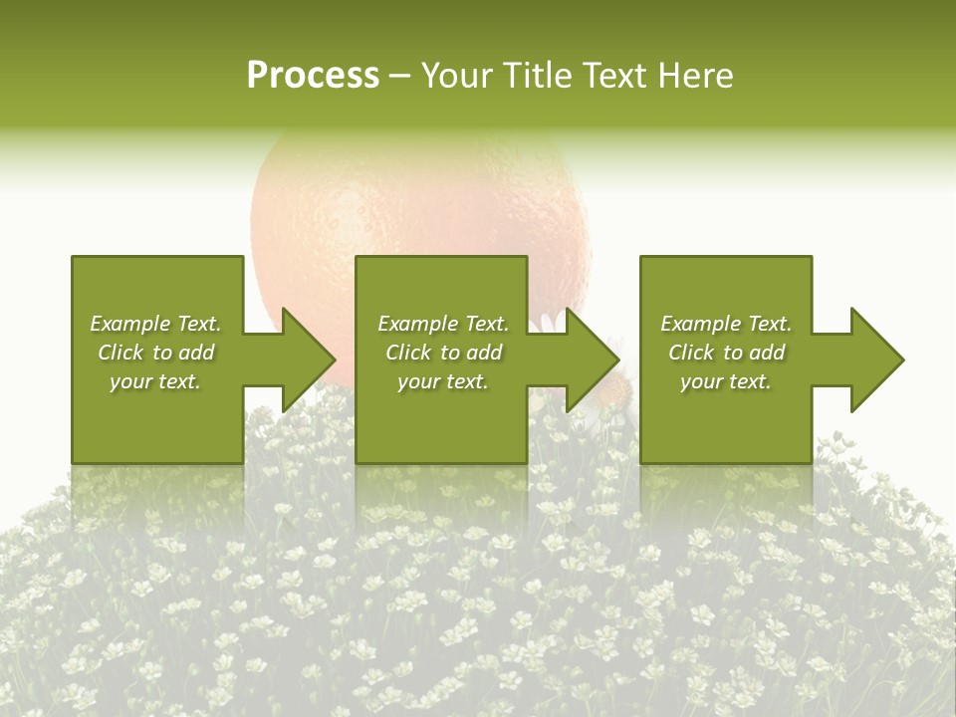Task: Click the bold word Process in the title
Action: tap(313, 76)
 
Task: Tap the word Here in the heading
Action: tap(694, 76)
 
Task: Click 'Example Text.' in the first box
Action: tap(155, 324)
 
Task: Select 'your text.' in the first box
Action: tap(155, 381)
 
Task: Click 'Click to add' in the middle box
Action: tap(443, 353)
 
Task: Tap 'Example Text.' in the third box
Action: tap(726, 324)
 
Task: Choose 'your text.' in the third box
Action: tap(726, 381)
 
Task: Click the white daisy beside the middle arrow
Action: tap(550, 321)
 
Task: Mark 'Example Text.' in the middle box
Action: tap(443, 324)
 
